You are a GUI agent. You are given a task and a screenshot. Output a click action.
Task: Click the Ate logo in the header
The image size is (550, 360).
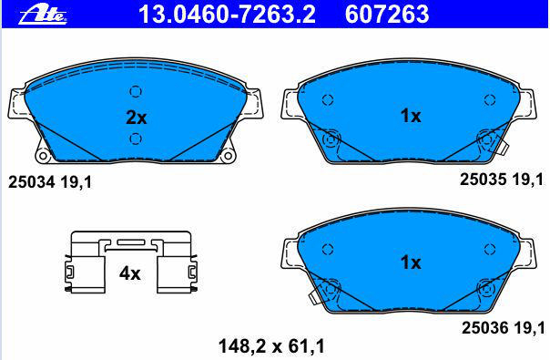[43, 15]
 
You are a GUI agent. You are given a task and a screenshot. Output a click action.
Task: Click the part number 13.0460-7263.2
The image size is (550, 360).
[227, 15]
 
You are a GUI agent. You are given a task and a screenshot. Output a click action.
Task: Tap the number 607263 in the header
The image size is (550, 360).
[387, 15]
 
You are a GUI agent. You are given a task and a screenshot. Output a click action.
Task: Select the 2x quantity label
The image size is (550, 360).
[136, 118]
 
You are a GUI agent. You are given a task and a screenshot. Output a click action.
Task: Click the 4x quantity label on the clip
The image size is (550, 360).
[129, 273]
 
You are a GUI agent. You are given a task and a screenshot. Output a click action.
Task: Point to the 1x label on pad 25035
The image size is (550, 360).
[411, 116]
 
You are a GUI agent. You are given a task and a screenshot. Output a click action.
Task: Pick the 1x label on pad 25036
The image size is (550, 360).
[411, 262]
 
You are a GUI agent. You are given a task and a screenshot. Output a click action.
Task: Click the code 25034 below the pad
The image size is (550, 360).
[31, 182]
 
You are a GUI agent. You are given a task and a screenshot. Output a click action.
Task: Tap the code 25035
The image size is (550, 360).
[483, 180]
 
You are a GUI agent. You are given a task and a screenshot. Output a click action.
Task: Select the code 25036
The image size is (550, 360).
[484, 328]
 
